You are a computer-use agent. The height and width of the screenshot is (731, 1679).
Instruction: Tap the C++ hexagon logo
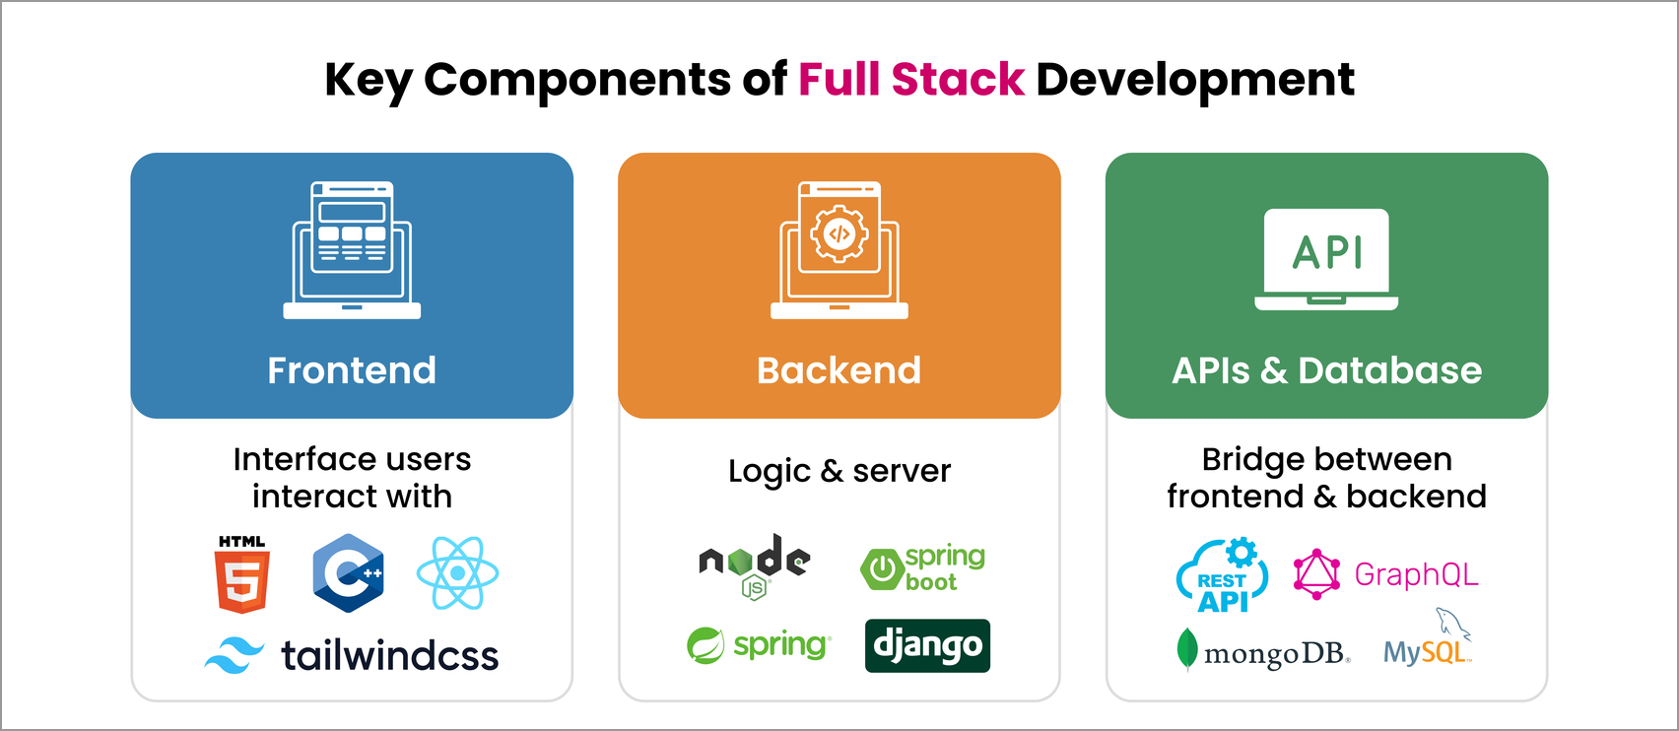click(348, 573)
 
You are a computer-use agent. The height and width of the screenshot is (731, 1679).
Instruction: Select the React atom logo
click(457, 573)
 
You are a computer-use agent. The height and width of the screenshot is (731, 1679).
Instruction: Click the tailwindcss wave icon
click(234, 655)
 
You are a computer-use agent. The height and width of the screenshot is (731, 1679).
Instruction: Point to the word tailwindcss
click(390, 656)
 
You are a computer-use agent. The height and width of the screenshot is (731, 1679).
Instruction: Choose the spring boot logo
click(922, 568)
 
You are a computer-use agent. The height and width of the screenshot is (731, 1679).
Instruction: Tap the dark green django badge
click(927, 646)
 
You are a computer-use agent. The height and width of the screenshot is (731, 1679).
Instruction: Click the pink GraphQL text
click(1416, 574)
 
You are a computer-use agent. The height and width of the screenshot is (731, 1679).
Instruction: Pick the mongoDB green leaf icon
click(1187, 650)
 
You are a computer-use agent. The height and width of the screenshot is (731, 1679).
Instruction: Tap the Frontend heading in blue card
click(352, 370)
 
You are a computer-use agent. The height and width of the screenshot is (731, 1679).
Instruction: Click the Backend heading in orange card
click(839, 370)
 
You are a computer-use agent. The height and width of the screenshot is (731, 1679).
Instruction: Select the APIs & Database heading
click(1326, 370)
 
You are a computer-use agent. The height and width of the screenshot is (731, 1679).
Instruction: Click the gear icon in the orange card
click(839, 234)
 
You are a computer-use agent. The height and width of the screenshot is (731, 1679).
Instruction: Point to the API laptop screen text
click(1327, 253)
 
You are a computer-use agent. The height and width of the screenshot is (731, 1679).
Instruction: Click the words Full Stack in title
click(910, 80)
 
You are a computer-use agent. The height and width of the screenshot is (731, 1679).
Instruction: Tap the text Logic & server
click(839, 471)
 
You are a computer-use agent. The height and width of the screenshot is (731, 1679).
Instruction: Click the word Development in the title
click(1194, 80)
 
